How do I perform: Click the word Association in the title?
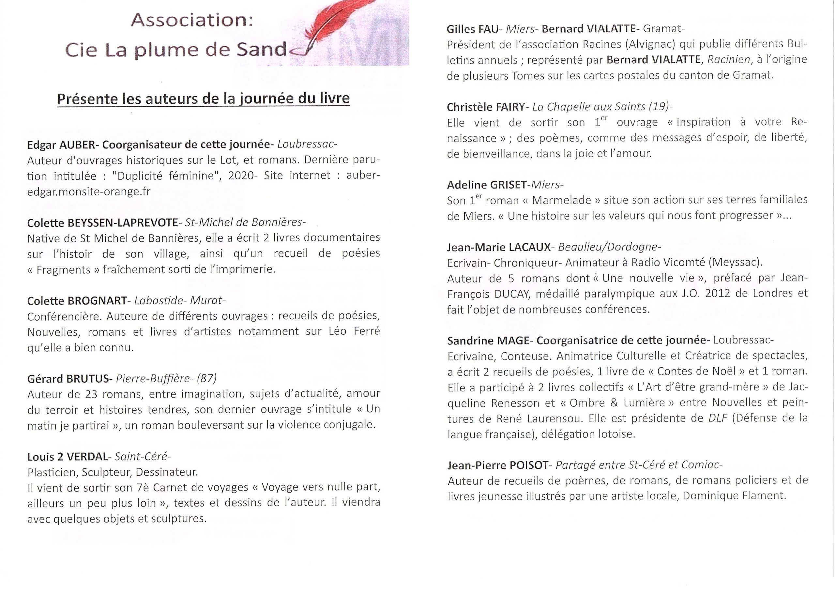192,20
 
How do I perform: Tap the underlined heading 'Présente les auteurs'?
204,98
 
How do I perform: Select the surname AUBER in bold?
77,145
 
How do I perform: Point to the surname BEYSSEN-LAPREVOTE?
123,222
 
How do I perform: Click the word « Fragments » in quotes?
63,270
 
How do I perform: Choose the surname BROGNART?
97,301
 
